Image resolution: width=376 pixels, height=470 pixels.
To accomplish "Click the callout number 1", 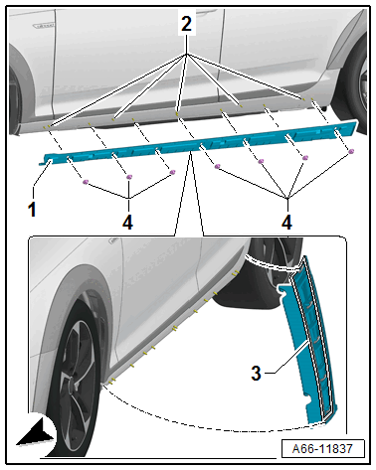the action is (x=32, y=210).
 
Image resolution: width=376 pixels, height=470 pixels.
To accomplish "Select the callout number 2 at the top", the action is (x=186, y=24).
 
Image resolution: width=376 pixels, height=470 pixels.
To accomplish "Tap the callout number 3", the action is (x=256, y=374).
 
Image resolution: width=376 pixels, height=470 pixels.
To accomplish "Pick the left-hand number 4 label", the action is (x=127, y=222).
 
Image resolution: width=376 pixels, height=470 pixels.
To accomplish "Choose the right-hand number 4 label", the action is (x=287, y=222).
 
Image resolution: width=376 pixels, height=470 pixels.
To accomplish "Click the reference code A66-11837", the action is (x=322, y=449).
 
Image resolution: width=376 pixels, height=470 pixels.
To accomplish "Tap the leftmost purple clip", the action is (x=86, y=181).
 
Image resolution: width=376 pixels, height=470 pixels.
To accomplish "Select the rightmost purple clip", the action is (x=351, y=151).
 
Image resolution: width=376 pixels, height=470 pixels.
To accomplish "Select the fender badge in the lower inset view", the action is (x=113, y=240).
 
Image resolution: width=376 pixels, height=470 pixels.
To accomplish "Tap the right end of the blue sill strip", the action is (x=358, y=123).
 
